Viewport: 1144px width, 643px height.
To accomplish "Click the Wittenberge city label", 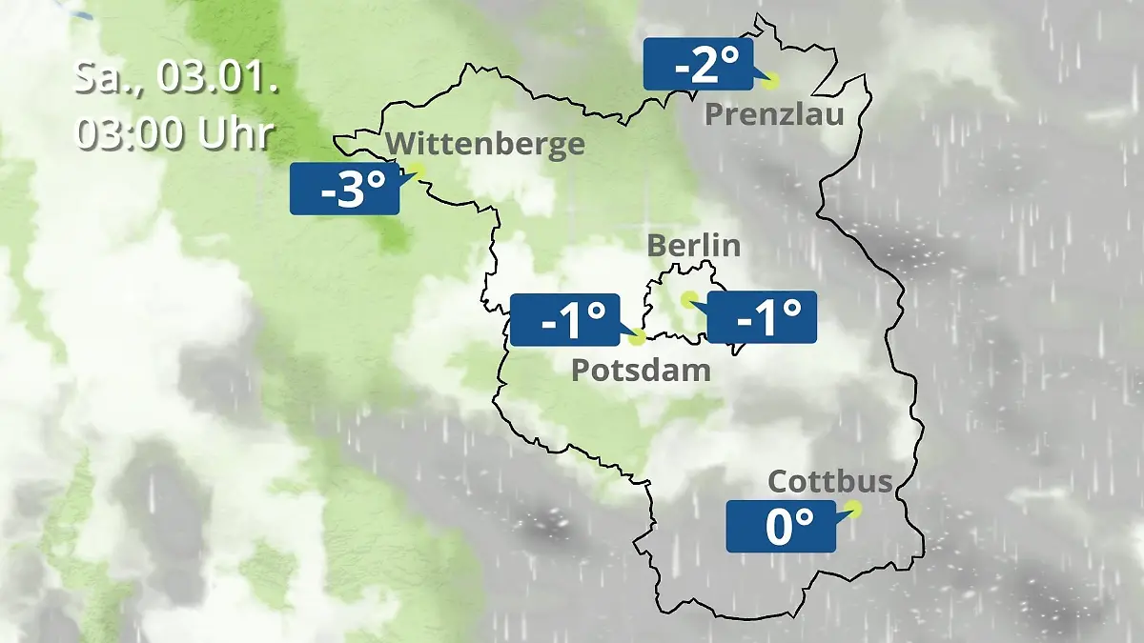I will click(486, 144).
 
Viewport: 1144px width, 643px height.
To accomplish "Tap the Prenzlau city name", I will click(775, 115).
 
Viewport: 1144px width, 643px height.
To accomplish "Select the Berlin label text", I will click(693, 245).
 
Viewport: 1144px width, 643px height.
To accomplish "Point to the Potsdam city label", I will click(641, 370).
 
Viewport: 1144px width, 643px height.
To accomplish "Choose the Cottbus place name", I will click(830, 481).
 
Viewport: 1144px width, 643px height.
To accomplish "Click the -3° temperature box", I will click(344, 188).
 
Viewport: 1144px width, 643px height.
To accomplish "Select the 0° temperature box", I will click(781, 526).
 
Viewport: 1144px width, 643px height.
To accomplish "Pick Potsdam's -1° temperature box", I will click(565, 319).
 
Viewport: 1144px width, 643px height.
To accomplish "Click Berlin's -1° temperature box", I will click(762, 316).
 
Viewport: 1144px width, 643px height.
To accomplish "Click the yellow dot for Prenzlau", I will click(770, 81).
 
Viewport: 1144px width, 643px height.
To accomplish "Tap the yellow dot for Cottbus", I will click(852, 509).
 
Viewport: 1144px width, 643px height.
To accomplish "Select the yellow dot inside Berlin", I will click(687, 299).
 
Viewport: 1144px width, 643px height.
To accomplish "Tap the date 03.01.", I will click(217, 78).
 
